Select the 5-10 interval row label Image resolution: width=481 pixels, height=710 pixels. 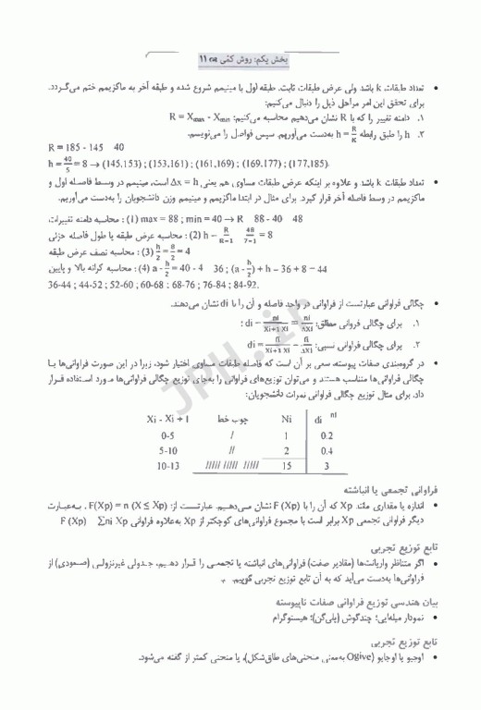tap(167, 449)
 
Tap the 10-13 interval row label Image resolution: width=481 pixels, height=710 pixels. tap(168, 466)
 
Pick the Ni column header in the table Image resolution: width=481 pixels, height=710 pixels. tap(287, 417)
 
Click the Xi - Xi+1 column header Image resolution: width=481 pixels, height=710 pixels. tap(168, 418)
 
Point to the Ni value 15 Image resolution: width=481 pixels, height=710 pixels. tap(287, 466)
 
